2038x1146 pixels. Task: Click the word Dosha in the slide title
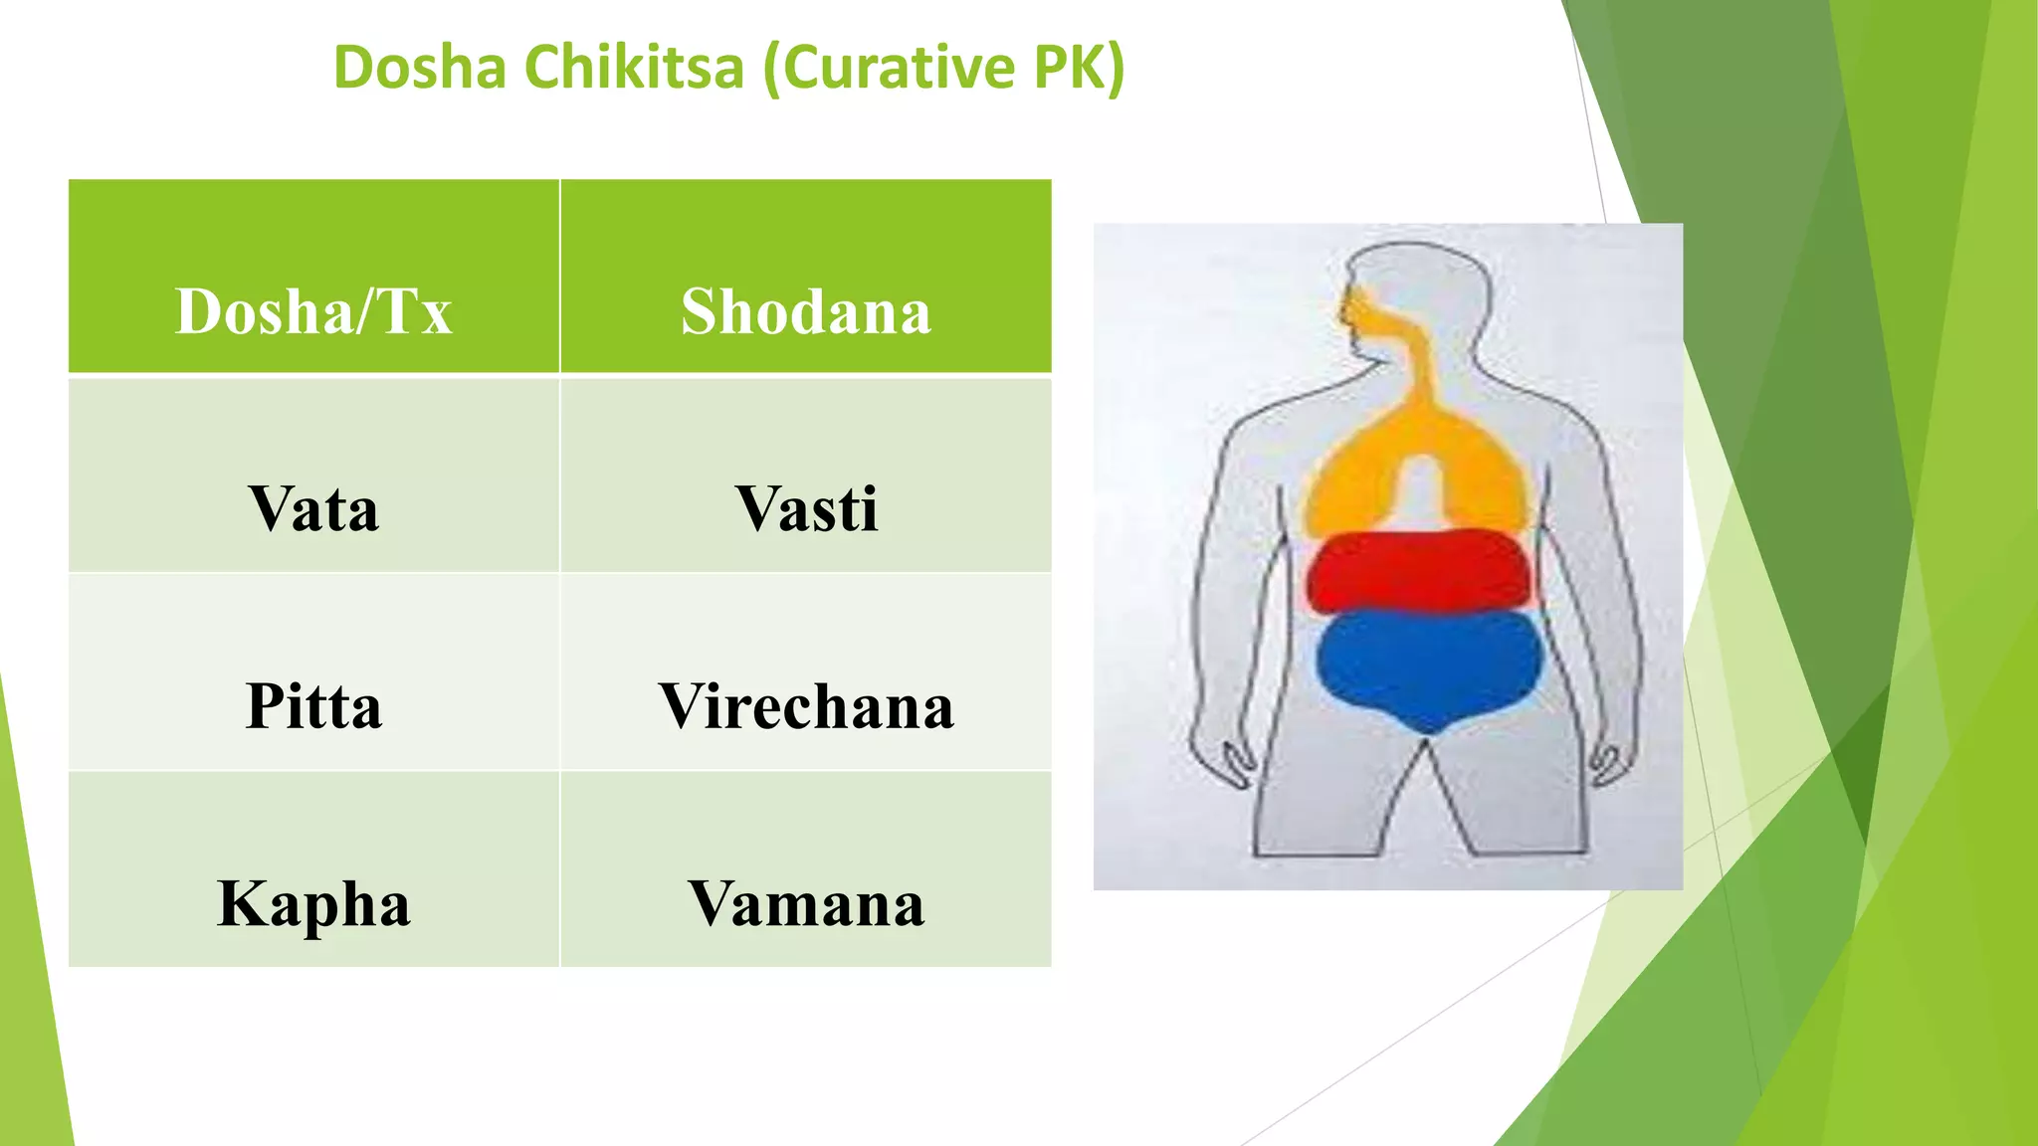click(419, 68)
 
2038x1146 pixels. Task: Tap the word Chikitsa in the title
click(634, 68)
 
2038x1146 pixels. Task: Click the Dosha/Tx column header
click(313, 311)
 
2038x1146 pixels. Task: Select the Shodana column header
click(806, 311)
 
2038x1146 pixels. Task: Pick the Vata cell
click(313, 509)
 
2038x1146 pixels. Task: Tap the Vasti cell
click(806, 509)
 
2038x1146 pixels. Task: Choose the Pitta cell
click(313, 706)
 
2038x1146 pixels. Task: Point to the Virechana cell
click(806, 706)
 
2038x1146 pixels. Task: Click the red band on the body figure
click(1421, 572)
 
